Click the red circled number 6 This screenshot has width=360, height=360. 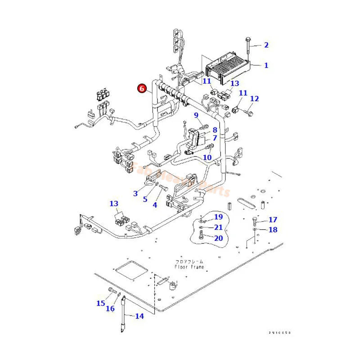pyautogui.click(x=142, y=88)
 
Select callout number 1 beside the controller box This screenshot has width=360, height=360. pyautogui.click(x=266, y=65)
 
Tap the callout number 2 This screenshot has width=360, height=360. pyautogui.click(x=266, y=45)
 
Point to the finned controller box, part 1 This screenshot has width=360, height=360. pyautogui.click(x=227, y=67)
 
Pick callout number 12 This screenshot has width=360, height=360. pyautogui.click(x=255, y=99)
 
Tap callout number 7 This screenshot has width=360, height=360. pyautogui.click(x=215, y=138)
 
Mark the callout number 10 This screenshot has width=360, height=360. pyautogui.click(x=207, y=157)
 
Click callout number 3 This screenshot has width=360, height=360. pyautogui.click(x=135, y=193)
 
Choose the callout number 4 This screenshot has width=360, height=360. pyautogui.click(x=155, y=205)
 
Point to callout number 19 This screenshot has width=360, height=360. pyautogui.click(x=218, y=217)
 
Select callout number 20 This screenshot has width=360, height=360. pyautogui.click(x=218, y=238)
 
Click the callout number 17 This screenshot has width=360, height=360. pyautogui.click(x=273, y=220)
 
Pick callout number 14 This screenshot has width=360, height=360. pyautogui.click(x=139, y=316)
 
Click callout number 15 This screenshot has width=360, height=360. pyautogui.click(x=100, y=303)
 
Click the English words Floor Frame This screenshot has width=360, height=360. pyautogui.click(x=189, y=267)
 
